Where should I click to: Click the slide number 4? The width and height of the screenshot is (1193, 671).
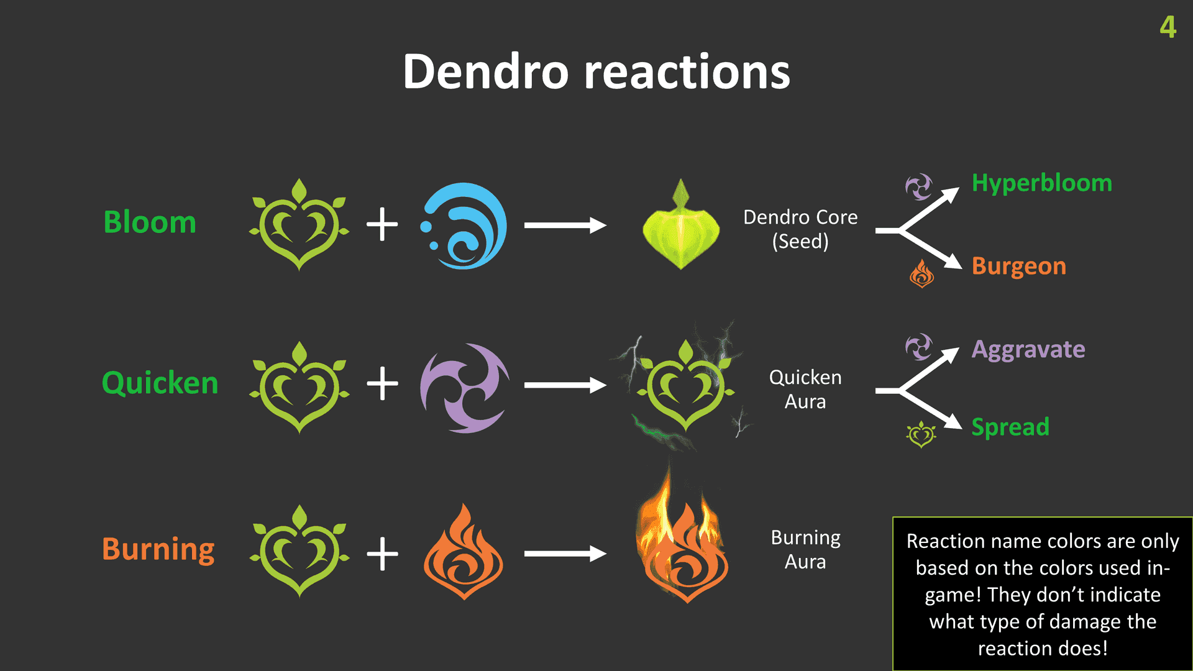(1168, 27)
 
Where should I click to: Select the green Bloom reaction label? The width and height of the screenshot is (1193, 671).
(150, 222)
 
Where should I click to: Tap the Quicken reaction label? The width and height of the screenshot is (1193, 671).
(160, 383)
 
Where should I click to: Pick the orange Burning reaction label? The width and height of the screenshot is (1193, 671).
(158, 549)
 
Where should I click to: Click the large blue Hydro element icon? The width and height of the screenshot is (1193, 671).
(464, 226)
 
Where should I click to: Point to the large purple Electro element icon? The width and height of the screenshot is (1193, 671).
(465, 388)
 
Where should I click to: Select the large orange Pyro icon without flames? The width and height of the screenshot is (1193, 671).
(464, 551)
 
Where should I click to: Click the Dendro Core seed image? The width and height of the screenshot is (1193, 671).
(681, 224)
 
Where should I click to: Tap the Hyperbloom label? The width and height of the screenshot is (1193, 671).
(1042, 183)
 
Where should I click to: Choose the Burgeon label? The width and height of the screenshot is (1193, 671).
(1019, 266)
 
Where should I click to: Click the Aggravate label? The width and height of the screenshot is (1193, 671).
(1028, 350)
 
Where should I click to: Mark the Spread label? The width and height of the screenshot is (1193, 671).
(1010, 427)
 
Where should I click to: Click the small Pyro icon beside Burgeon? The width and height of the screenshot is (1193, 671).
(921, 273)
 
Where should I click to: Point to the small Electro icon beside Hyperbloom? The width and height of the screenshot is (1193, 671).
(919, 186)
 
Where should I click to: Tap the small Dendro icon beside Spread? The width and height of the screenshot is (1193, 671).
(921, 434)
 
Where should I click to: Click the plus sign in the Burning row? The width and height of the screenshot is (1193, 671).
(382, 554)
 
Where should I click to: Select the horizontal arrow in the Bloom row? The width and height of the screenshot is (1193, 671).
(565, 226)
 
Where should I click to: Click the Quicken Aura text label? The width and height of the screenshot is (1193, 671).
(805, 389)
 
